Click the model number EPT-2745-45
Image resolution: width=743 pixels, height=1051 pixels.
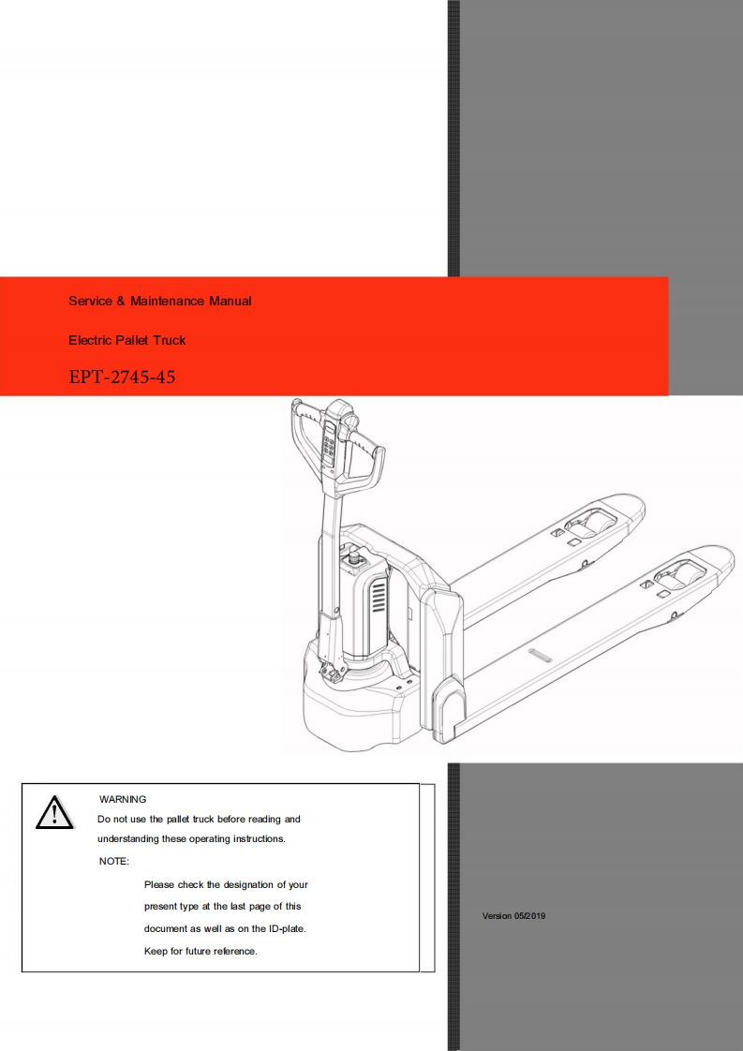(122, 377)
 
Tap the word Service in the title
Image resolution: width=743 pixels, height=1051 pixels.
(91, 301)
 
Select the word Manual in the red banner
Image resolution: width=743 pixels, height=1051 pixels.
(230, 301)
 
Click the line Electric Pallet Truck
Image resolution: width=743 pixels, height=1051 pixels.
(126, 340)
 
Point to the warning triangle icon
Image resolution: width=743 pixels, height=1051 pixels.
(54, 812)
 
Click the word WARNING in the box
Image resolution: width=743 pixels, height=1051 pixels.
(123, 799)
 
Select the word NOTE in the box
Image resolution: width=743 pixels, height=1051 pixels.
(112, 861)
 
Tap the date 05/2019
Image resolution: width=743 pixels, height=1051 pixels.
(529, 916)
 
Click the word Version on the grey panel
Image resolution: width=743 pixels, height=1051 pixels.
(497, 916)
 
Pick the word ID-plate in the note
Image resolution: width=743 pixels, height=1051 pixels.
(286, 929)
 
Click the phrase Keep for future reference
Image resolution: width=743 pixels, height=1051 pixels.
(201, 951)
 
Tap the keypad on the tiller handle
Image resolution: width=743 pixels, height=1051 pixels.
(329, 444)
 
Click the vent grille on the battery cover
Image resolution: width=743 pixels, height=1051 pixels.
(379, 596)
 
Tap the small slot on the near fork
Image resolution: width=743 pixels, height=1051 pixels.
(539, 654)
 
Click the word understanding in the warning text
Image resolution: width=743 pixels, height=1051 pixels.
(128, 839)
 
